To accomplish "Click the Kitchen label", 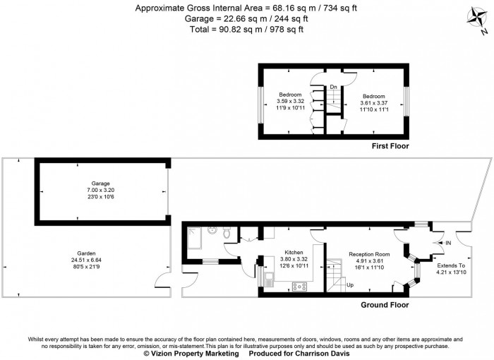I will pos(294,252).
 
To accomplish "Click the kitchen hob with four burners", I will pos(300,286).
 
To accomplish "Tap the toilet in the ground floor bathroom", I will pos(226,232).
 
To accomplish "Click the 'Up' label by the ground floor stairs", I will pos(350,285).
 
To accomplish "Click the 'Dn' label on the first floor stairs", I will pos(333,87).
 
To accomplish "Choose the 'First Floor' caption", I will pos(390,146).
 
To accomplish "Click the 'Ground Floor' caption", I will pos(385,305).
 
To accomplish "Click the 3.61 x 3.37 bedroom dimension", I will pos(374,103).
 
